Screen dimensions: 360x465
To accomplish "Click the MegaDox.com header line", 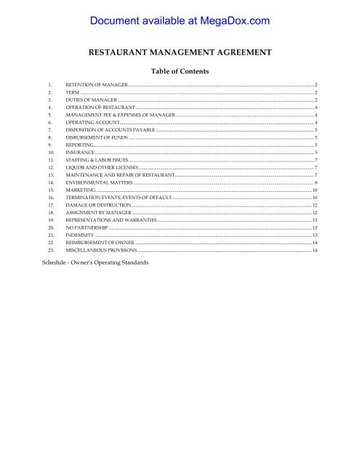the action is click(179, 21).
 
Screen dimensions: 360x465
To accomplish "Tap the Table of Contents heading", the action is click(179, 72).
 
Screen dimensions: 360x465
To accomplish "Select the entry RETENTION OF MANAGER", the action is click(96, 85).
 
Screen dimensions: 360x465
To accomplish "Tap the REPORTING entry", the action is click(79, 146).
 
